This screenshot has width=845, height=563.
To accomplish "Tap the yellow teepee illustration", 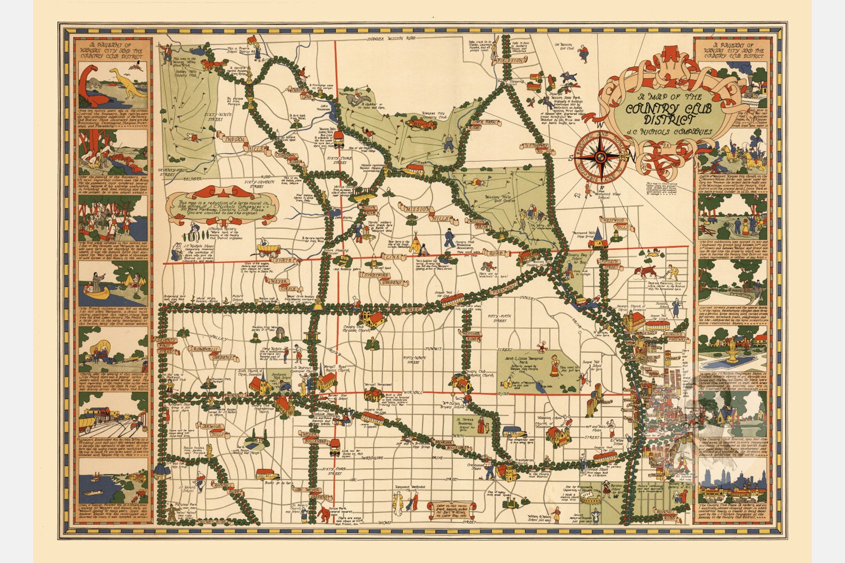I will pyautogui.click(x=413, y=245).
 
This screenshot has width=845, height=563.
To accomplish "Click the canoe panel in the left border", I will pyautogui.click(x=113, y=285).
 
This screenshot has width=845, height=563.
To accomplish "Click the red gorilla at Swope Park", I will pyautogui.click(x=325, y=514).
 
